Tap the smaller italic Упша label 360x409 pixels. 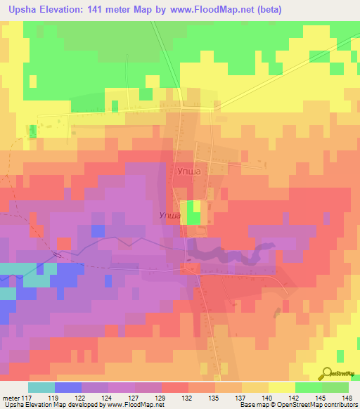pos(172,216)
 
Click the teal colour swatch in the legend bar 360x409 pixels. pos(41,388)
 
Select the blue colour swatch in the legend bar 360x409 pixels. pos(67,388)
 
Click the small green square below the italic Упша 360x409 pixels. pos(193,219)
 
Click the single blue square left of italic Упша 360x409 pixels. pos(98,231)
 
